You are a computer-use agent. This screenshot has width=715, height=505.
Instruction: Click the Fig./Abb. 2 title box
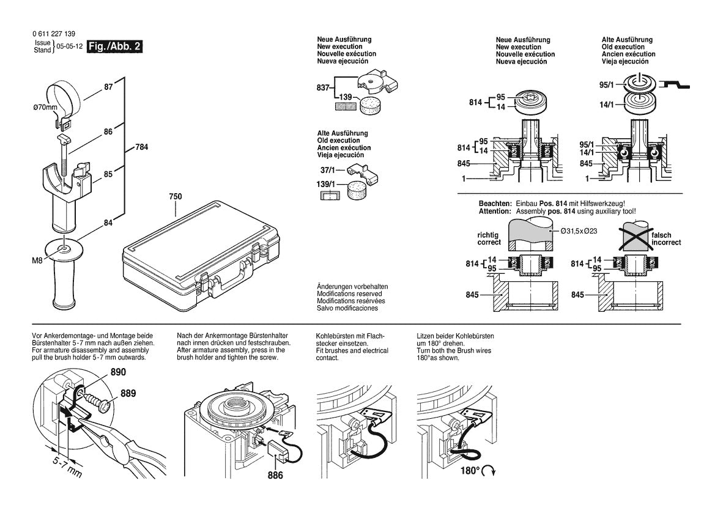[115, 46]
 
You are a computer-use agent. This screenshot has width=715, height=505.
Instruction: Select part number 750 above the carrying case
[176, 197]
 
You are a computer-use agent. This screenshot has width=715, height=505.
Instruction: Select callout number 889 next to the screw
[128, 393]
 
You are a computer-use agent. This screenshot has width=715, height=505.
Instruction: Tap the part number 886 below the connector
[275, 475]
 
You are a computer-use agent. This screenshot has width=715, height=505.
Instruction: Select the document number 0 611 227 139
[55, 34]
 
